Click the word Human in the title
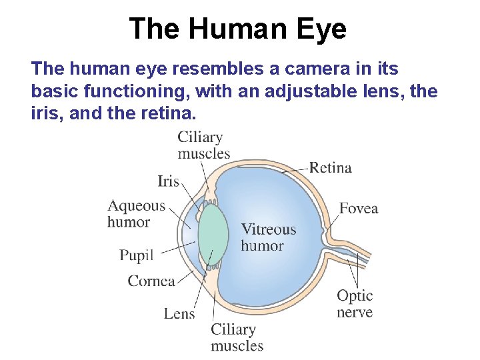(239, 29)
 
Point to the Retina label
(330, 167)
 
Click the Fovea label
(359, 209)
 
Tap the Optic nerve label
(355, 303)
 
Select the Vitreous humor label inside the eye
(268, 237)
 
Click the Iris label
(169, 181)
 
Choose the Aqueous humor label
(136, 214)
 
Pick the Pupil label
(136, 255)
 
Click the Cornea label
(151, 281)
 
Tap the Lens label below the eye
(179, 313)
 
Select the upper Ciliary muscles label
(203, 145)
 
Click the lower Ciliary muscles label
(237, 337)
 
